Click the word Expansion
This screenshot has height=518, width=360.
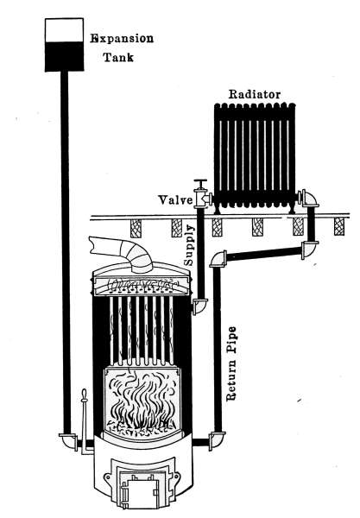pyautogui.click(x=123, y=39)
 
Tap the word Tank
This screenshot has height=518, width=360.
pyautogui.click(x=118, y=57)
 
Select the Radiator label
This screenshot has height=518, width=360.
pyautogui.click(x=255, y=94)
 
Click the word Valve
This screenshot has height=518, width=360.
pyautogui.click(x=175, y=200)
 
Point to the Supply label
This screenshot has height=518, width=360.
pyautogui.click(x=189, y=245)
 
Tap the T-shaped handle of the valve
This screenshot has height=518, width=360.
pyautogui.click(x=200, y=183)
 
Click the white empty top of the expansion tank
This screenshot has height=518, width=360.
pyautogui.click(x=64, y=30)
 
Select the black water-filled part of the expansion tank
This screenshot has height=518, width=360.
pyautogui.click(x=64, y=56)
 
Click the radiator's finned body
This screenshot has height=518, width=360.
pyautogui.click(x=255, y=155)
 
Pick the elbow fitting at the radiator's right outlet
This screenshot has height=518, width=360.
pyautogui.click(x=308, y=199)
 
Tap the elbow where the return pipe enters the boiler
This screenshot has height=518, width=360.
pyautogui.click(x=217, y=440)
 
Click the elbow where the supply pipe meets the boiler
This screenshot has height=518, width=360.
pyautogui.click(x=199, y=306)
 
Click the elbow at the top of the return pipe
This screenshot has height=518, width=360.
pyautogui.click(x=218, y=259)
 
